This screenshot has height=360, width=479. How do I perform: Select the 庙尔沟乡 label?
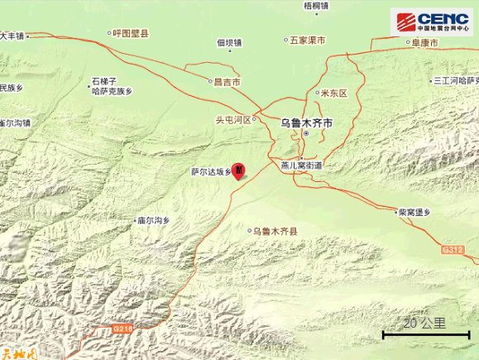pos(153,220)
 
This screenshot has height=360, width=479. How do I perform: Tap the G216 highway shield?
pos(122,329)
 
